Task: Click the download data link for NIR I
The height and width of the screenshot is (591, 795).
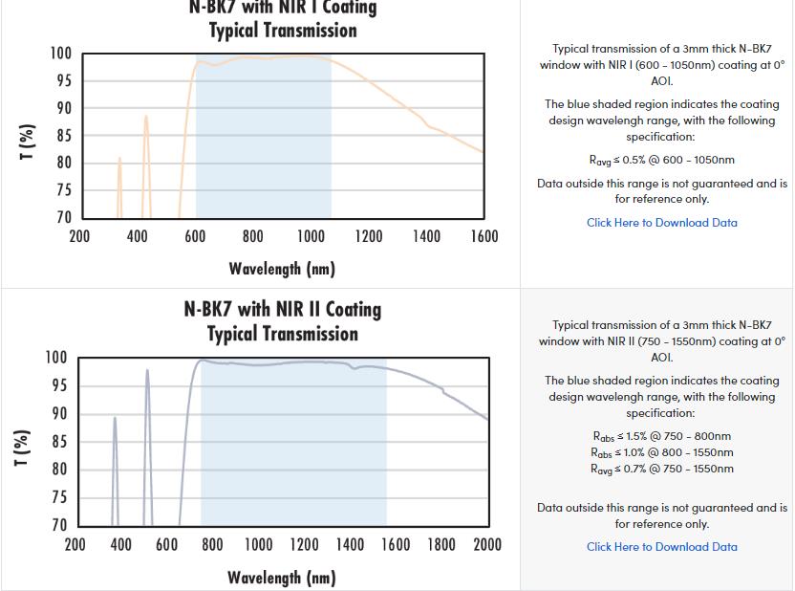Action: [x=661, y=223]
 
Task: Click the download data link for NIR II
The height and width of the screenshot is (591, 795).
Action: [x=661, y=547]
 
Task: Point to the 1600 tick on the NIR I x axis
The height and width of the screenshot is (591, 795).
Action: [x=483, y=236]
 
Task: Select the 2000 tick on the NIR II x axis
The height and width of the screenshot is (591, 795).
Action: [x=487, y=545]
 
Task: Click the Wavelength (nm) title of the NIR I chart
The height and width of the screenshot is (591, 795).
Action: [x=282, y=268]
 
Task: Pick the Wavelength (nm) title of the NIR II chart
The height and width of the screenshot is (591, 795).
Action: [x=282, y=578]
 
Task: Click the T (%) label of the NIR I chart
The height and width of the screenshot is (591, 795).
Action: [x=28, y=142]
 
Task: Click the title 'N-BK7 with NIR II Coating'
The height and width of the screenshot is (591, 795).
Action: [x=283, y=310]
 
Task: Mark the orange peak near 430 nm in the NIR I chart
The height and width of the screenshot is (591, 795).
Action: [x=146, y=118]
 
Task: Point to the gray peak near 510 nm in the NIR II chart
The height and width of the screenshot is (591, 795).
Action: [x=147, y=371]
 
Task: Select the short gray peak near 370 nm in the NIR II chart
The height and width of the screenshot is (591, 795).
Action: [x=115, y=418]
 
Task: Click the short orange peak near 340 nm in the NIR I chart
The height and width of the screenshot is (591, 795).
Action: [x=119, y=159]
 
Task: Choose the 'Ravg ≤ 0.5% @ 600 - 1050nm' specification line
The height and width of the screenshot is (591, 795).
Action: [x=661, y=160]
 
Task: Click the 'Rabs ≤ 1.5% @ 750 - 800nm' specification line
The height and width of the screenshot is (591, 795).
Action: [x=661, y=436]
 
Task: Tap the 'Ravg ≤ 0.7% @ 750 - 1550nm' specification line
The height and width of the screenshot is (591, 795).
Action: [x=661, y=469]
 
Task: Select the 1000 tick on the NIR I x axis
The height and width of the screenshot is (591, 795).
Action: [x=311, y=236]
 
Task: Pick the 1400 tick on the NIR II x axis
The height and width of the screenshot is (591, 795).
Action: [x=350, y=545]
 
